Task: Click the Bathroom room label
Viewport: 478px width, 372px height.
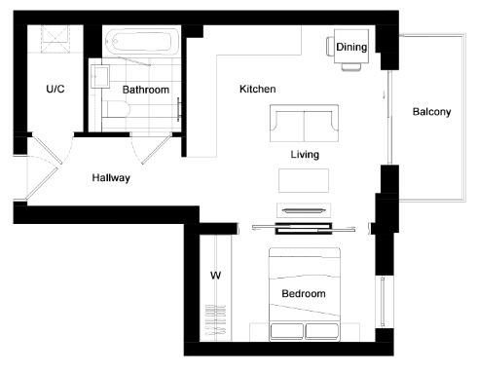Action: point(146,90)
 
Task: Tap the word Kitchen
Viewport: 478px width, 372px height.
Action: point(258,89)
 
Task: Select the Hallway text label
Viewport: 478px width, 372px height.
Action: point(111,177)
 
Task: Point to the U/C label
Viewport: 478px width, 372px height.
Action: point(55,89)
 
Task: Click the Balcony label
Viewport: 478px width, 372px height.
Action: point(431,112)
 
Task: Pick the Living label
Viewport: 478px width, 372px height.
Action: point(305,155)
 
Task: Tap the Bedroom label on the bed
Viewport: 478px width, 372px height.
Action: point(304,293)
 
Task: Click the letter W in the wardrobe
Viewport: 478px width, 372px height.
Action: point(215,276)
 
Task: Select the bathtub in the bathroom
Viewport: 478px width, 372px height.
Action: point(142,42)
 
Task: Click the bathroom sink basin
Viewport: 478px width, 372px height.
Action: point(100,76)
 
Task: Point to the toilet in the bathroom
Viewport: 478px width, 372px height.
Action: point(115,109)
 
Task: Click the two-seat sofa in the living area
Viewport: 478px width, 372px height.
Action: point(304,123)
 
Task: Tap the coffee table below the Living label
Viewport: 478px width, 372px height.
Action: point(304,180)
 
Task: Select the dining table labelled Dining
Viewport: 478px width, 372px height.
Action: point(351,47)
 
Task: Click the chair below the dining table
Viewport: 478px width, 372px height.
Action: point(351,67)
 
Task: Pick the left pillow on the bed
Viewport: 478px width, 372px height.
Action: point(287,331)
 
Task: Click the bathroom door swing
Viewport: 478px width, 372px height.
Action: point(152,149)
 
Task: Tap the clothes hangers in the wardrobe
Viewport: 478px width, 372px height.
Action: point(215,320)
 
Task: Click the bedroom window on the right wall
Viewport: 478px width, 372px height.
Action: point(383,302)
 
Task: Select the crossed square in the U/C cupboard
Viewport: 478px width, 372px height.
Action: point(55,39)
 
